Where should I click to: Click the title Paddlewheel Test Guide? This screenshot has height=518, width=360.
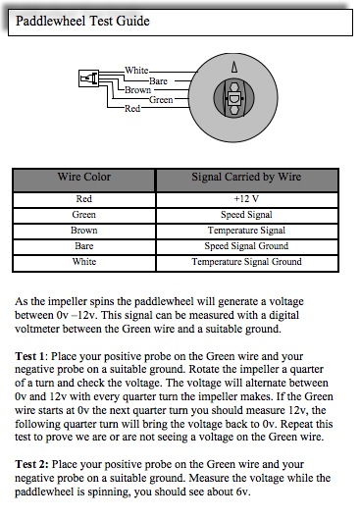[x=82, y=22]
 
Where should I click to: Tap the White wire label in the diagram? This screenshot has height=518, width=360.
[x=136, y=71]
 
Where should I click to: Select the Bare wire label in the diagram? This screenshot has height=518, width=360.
[x=158, y=80]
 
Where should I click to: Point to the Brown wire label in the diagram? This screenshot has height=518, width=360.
[x=137, y=90]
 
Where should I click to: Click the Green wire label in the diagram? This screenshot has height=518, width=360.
[x=161, y=99]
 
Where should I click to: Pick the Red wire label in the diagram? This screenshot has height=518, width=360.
[x=132, y=108]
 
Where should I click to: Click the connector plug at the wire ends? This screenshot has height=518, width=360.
[x=88, y=78]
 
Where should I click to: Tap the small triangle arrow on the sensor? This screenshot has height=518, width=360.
[x=234, y=67]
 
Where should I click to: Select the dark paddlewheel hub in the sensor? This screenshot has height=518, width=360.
[x=233, y=98]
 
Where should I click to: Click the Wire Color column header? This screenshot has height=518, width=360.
[x=84, y=177]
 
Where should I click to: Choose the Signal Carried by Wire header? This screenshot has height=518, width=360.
[x=246, y=177]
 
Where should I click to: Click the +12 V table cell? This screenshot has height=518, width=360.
[x=246, y=199]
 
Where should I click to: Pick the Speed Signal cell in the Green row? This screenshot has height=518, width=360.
[x=246, y=215]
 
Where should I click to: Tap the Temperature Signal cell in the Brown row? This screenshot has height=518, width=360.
[x=246, y=231]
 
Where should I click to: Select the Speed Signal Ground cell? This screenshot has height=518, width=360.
[x=246, y=246]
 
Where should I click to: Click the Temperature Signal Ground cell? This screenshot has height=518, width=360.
[x=246, y=262]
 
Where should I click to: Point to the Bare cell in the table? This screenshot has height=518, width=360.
[x=84, y=246]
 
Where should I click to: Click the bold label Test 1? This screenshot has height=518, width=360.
[x=29, y=356]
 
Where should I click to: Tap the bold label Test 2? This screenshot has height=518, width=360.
[x=31, y=464]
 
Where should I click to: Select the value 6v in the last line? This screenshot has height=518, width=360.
[x=242, y=492]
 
